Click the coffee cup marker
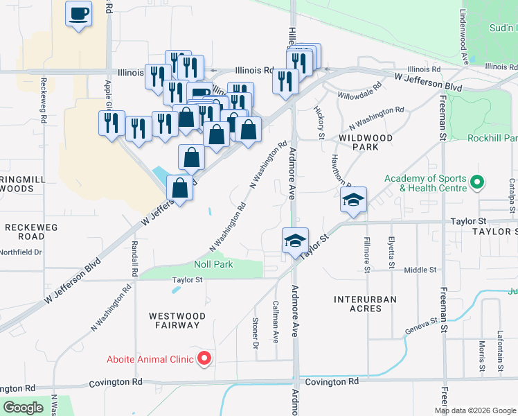pos(79,13)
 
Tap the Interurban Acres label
pos(365,306)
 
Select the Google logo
pos(23,408)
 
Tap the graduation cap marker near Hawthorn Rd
pos(353,200)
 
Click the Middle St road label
pos(420,270)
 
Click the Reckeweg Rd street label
pos(43,100)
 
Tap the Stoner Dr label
pos(255,333)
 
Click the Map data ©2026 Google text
pos(474,410)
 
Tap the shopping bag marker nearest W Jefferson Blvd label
pos(180,188)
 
